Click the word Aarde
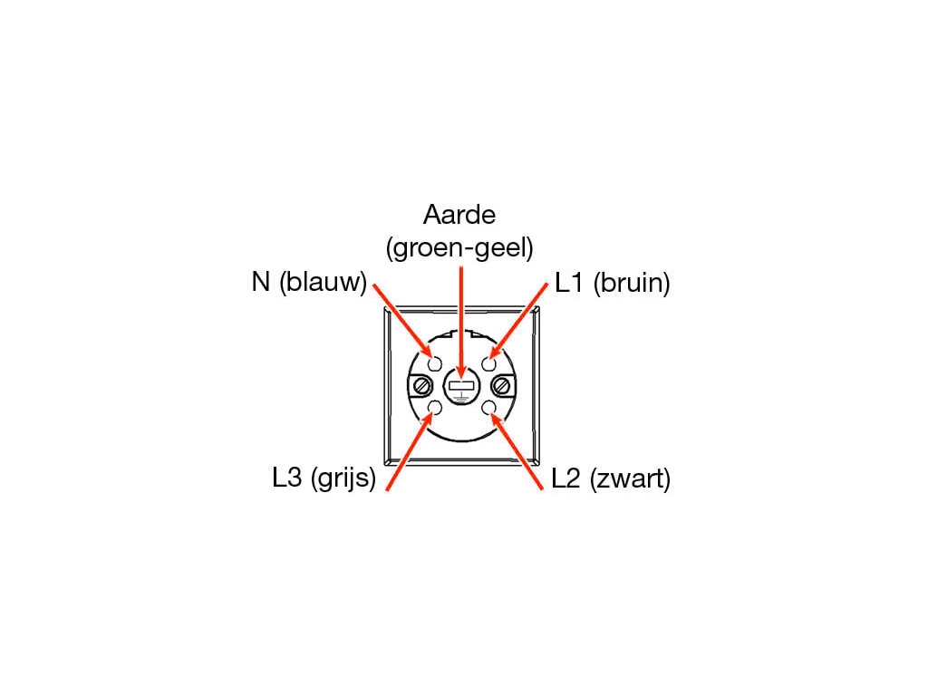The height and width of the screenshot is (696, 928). click(x=459, y=214)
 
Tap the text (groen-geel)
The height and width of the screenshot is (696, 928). click(x=459, y=247)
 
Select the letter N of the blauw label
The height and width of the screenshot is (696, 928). click(x=260, y=282)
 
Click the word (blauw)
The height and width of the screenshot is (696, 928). click(x=324, y=283)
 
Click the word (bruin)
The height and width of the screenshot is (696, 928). click(x=632, y=283)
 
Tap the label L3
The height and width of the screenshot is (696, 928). click(x=287, y=477)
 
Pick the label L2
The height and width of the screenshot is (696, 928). click(x=565, y=478)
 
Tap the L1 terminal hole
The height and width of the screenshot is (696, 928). click(x=488, y=363)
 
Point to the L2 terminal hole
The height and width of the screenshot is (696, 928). click(x=488, y=408)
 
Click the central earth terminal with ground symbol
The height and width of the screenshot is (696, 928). click(x=461, y=386)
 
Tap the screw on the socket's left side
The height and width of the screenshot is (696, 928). click(x=422, y=386)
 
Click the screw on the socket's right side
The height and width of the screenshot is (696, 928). click(x=502, y=386)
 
